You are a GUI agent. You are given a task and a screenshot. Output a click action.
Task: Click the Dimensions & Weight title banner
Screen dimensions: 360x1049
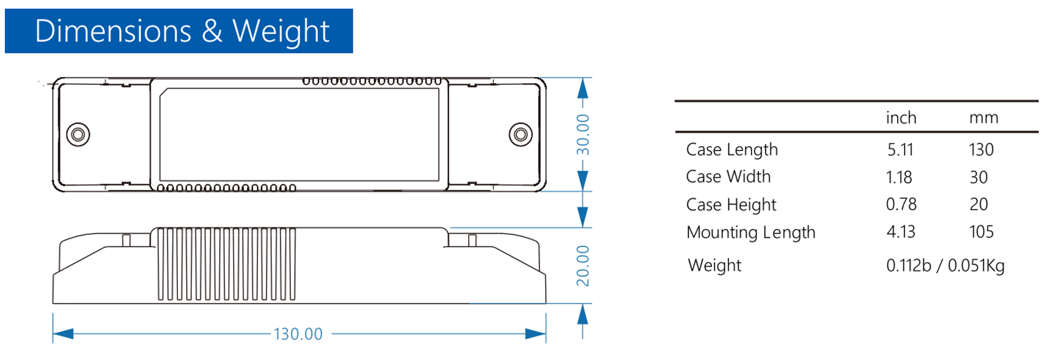178,31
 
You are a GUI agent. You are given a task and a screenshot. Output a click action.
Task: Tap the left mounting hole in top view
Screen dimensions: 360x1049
78,134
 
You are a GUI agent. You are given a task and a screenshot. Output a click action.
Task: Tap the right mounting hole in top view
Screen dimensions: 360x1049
520,134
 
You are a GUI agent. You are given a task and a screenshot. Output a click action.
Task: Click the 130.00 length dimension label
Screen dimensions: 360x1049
298,334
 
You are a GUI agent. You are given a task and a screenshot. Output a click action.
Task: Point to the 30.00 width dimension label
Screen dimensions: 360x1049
583,134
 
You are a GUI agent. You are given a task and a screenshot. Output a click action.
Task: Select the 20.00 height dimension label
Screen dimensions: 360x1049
583,265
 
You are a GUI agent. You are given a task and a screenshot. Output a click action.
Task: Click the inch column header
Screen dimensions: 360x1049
901,118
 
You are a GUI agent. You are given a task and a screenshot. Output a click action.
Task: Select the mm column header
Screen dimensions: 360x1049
983,118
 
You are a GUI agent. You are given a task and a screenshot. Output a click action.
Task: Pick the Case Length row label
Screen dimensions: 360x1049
732,149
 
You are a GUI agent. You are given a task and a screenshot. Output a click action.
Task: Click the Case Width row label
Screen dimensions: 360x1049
728,177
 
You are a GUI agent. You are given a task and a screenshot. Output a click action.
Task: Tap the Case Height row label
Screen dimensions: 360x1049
731,205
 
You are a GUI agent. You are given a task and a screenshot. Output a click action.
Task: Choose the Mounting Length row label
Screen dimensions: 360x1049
750,232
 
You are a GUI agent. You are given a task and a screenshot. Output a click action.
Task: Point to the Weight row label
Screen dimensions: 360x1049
715,265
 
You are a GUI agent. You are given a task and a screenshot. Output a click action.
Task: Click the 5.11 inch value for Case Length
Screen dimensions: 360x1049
900,149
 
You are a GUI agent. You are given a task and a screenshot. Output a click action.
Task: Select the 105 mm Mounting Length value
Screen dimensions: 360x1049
981,232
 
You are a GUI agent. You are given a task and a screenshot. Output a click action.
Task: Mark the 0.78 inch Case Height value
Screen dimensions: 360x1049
901,205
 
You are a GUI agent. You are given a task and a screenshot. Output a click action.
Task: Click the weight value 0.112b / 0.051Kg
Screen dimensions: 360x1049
945,265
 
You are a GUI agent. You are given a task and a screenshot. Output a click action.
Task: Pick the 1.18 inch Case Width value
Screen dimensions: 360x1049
898,177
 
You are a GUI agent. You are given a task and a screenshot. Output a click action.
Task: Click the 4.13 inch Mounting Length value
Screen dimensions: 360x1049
900,232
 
